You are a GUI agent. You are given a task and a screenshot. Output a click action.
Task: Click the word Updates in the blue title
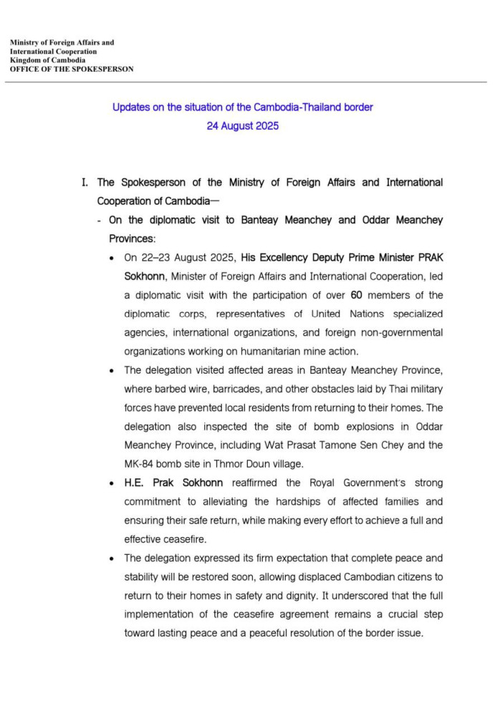point(130,107)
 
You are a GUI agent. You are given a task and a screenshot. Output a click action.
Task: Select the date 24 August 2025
point(242,126)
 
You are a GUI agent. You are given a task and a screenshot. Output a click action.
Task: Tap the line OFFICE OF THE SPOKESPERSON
point(72,69)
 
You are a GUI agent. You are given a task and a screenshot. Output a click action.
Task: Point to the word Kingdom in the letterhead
point(26,60)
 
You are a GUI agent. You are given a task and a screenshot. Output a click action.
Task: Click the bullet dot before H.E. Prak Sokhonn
point(110,483)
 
